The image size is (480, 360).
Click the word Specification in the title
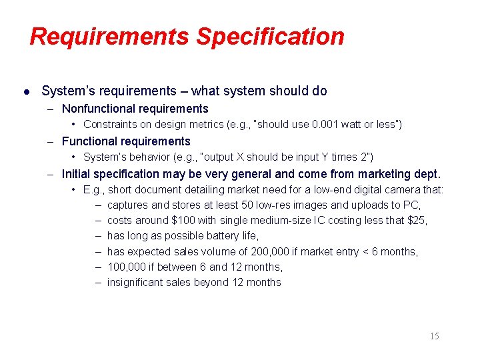click(269, 37)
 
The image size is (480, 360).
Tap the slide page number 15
click(434, 336)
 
